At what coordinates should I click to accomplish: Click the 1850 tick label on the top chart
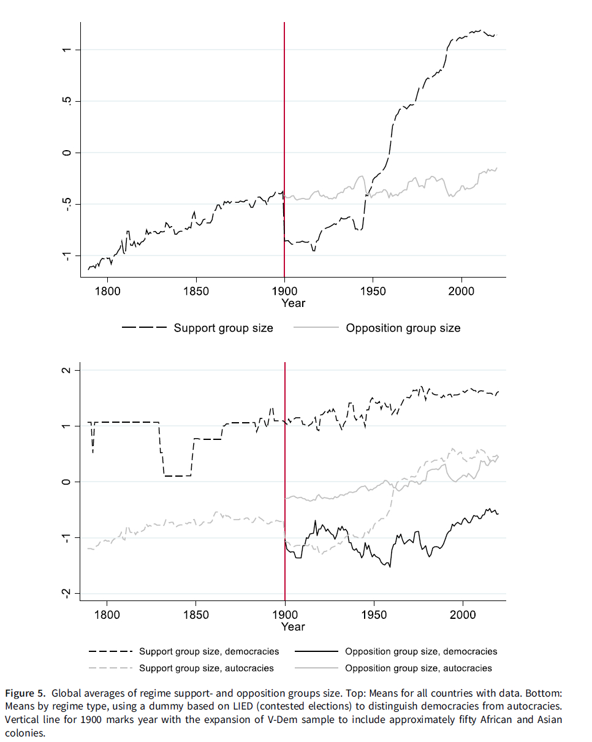pyautogui.click(x=195, y=291)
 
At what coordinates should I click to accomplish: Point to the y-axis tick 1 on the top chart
pyautogui.click(x=67, y=50)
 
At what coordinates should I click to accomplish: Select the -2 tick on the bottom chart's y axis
pyautogui.click(x=67, y=593)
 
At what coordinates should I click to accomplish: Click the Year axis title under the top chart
pyautogui.click(x=293, y=303)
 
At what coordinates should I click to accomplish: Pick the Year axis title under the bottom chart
pyautogui.click(x=293, y=626)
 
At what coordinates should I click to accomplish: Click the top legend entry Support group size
pyautogui.click(x=223, y=328)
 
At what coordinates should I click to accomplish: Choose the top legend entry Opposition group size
pyautogui.click(x=403, y=328)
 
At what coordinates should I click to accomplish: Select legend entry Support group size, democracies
pyautogui.click(x=209, y=651)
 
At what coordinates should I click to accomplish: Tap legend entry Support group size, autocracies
pyautogui.click(x=207, y=668)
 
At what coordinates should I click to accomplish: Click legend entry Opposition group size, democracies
pyautogui.click(x=421, y=651)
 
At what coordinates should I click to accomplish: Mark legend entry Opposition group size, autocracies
pyautogui.click(x=419, y=668)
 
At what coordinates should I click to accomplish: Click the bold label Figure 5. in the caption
pyautogui.click(x=25, y=694)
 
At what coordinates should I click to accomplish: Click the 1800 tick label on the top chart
pyautogui.click(x=107, y=291)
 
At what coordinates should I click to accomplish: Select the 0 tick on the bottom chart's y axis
pyautogui.click(x=67, y=482)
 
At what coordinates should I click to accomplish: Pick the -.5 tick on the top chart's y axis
pyautogui.click(x=67, y=204)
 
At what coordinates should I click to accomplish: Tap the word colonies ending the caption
pyautogui.click(x=25, y=733)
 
